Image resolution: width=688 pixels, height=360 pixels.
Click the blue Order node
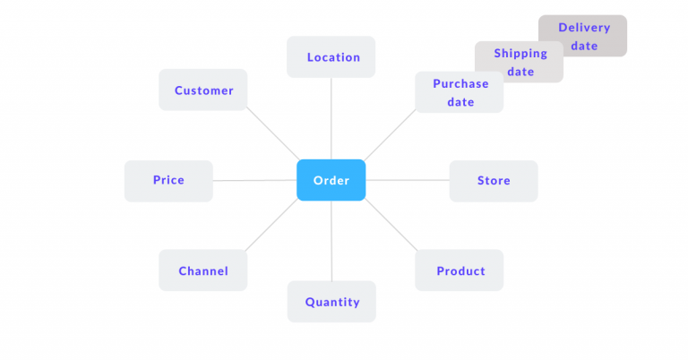coord(331,180)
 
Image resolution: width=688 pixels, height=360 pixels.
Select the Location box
coord(331,56)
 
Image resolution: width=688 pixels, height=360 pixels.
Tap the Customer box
coord(203,90)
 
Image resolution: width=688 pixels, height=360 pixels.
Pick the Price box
coord(168,180)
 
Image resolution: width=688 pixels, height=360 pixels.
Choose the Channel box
coord(203,270)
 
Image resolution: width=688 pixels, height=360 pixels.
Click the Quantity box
coord(331,302)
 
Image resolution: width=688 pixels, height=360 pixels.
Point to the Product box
coord(460,270)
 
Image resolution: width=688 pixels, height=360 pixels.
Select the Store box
coord(494,180)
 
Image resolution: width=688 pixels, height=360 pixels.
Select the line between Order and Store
coord(408,180)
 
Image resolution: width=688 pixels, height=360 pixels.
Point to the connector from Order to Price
coord(255,180)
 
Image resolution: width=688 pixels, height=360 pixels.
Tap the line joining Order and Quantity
coord(331,242)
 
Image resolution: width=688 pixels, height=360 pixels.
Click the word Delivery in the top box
coord(584,28)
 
